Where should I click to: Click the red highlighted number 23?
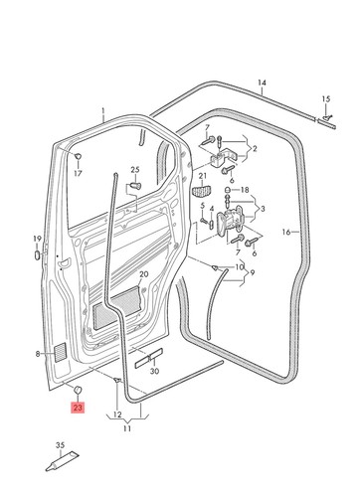coord(78,407)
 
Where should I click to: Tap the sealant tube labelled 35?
coord(63,461)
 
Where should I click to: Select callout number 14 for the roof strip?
coord(262,83)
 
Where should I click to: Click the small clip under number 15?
coord(326,117)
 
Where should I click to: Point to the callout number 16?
coord(286,232)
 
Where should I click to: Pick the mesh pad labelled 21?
coord(202,191)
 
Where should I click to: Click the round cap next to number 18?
coord(228,190)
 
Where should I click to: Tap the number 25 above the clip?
coord(135,170)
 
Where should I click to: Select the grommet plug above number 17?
coord(78,155)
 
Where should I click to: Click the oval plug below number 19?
coord(37,255)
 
